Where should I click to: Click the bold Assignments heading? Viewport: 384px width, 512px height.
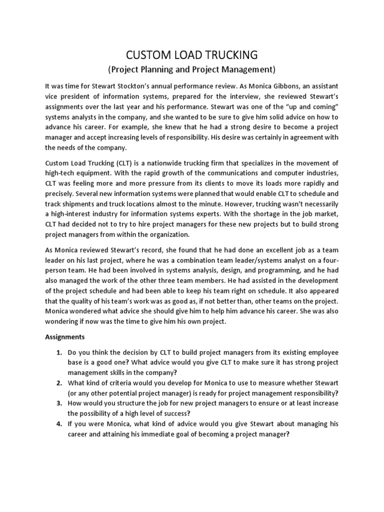65,337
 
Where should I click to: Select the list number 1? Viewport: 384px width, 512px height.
58,352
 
